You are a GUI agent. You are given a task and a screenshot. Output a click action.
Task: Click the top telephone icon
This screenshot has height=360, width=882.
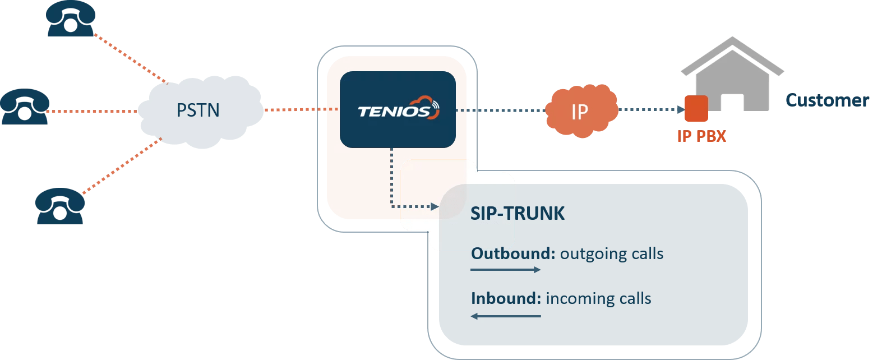click(71, 19)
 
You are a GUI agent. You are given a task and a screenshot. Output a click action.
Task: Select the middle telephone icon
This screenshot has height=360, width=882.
click(25, 107)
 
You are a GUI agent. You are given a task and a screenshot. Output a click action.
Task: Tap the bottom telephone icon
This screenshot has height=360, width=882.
click(60, 206)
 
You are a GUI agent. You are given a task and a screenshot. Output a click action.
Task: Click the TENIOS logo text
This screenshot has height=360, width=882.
click(394, 112)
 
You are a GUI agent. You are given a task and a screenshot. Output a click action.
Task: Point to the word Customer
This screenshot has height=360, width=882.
click(827, 100)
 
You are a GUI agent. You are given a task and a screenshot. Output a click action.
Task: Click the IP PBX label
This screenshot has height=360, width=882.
click(701, 136)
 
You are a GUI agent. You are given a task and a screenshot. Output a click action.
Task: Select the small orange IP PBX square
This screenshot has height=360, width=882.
click(696, 109)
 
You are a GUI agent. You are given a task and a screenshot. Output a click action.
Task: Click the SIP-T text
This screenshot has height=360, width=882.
click(492, 214)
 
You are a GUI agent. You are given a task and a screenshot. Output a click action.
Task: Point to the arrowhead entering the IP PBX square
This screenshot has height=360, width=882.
click(681, 110)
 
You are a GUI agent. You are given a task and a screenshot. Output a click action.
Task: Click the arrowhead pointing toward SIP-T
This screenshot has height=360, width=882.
click(434, 207)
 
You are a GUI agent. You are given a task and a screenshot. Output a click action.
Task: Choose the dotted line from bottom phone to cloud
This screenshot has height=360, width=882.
click(121, 167)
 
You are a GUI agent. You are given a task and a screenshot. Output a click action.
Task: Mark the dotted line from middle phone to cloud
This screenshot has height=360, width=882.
click(93, 111)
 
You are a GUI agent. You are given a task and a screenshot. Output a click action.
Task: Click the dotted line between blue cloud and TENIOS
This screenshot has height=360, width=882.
click(294, 110)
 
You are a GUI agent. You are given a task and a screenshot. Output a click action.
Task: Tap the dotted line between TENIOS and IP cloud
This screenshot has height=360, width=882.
click(499, 110)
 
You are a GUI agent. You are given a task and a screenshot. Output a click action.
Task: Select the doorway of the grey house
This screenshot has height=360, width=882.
click(732, 103)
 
